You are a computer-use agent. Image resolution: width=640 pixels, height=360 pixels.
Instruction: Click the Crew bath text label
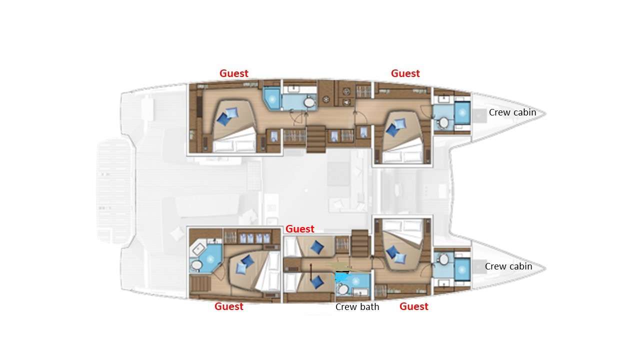(357, 307)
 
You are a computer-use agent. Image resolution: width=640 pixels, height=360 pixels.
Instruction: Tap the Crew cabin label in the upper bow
(512, 112)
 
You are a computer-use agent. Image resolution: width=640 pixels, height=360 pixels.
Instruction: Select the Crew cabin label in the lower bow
(508, 266)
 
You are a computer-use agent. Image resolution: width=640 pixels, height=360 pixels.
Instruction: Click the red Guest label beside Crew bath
(413, 306)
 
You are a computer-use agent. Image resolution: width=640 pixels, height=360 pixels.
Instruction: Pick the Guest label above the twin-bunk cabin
(299, 229)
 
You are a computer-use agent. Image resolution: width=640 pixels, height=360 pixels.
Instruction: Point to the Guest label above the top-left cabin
(233, 73)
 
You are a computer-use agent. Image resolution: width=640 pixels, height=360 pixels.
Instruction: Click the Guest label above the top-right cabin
(405, 73)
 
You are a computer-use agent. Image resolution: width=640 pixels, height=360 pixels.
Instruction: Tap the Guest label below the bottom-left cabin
(228, 306)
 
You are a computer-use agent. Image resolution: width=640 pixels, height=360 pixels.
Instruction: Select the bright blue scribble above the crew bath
(342, 275)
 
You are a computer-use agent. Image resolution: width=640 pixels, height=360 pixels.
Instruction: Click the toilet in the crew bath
(342, 289)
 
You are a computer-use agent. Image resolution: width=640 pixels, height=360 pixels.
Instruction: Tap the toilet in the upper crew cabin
(443, 122)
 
